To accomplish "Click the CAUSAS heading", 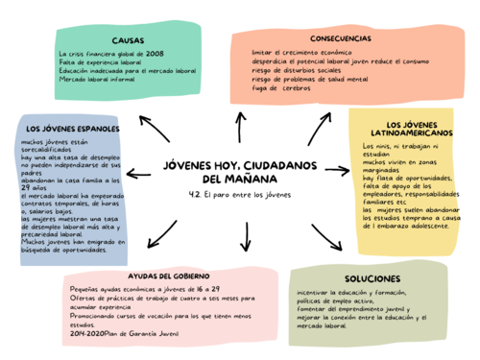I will [x=128, y=40].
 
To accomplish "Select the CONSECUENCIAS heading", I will [x=341, y=38].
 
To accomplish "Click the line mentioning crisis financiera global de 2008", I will [x=110, y=55].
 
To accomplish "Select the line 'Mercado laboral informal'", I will [x=97, y=80].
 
